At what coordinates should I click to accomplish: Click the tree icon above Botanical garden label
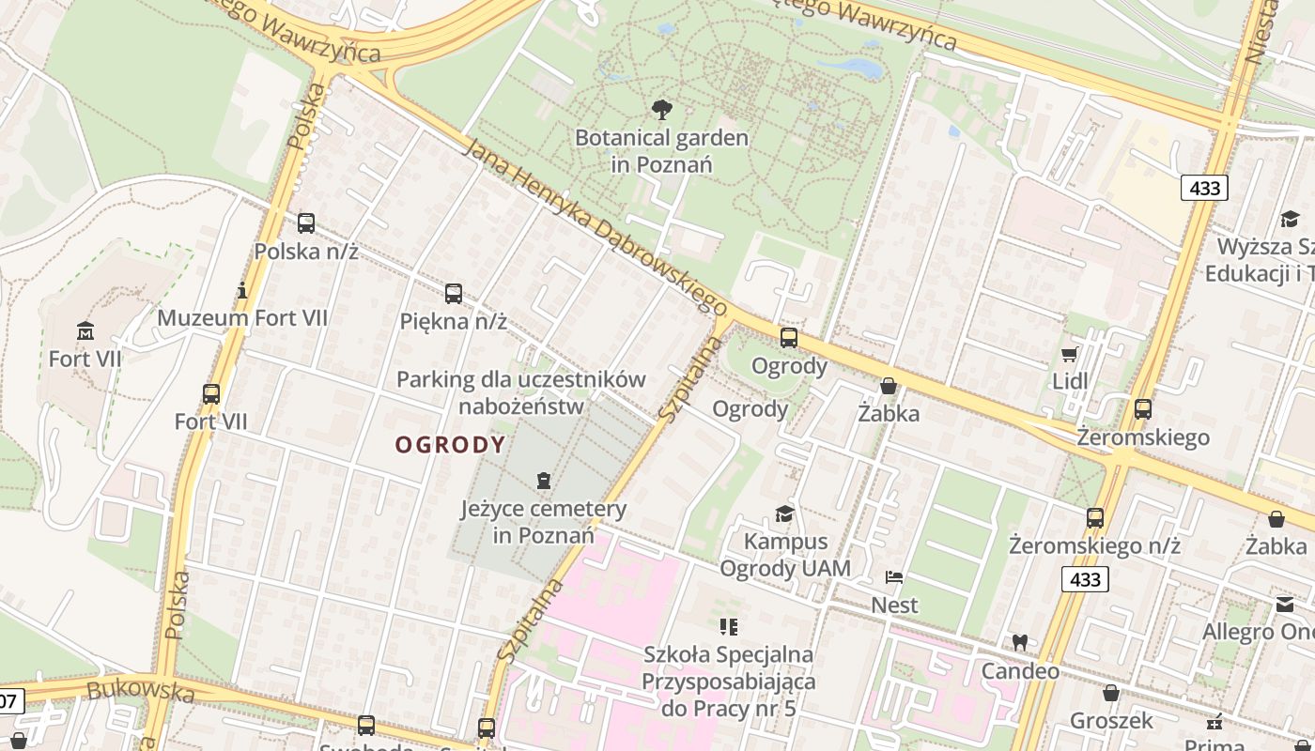(x=662, y=110)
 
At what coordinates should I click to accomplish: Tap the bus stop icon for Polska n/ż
(x=306, y=223)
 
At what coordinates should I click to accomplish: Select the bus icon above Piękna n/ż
(x=454, y=294)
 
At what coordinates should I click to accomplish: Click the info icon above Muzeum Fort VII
(x=242, y=290)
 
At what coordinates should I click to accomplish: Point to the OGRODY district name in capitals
(x=450, y=445)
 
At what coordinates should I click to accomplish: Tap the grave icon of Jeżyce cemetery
(x=543, y=481)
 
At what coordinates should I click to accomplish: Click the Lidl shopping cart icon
(x=1069, y=354)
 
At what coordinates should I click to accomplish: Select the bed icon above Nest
(x=894, y=576)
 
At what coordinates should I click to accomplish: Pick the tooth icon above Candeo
(x=1019, y=643)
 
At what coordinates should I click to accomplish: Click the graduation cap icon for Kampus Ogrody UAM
(x=784, y=513)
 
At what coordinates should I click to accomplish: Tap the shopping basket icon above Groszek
(x=1111, y=693)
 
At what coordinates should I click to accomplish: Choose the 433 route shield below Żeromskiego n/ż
(x=1085, y=579)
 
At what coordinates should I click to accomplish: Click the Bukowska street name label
(x=140, y=692)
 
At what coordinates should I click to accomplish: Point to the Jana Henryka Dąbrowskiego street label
(x=596, y=228)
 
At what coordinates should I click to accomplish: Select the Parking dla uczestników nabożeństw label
(x=520, y=392)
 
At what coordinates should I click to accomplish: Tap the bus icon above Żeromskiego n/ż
(x=1095, y=517)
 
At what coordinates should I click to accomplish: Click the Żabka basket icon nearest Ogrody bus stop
(x=889, y=386)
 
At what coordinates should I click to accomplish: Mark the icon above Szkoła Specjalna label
(x=729, y=626)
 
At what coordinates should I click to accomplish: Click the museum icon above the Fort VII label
(x=85, y=330)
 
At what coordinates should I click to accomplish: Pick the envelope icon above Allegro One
(x=1284, y=605)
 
